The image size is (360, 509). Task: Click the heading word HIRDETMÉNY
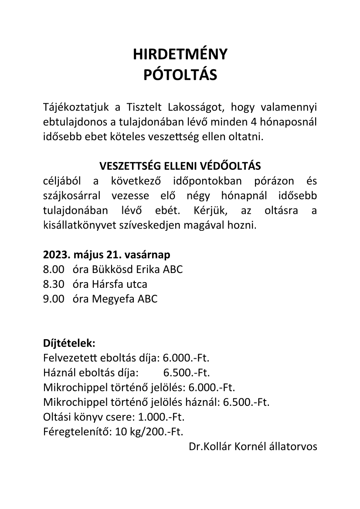pos(180,54)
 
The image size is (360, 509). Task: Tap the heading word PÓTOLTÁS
pos(180,75)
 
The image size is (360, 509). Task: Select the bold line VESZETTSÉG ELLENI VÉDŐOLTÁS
pos(180,166)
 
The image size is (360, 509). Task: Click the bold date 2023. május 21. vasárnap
pos(107,255)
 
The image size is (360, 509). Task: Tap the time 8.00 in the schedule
pos(54,270)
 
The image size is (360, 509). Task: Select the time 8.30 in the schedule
pos(54,284)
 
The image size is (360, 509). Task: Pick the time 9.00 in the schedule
pos(54,299)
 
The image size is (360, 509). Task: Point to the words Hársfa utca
pos(119,284)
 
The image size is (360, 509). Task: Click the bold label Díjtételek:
pos(69,343)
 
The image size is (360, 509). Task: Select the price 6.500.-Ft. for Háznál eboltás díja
pos(187,373)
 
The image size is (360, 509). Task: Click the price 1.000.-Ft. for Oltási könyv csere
pos(161,417)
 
